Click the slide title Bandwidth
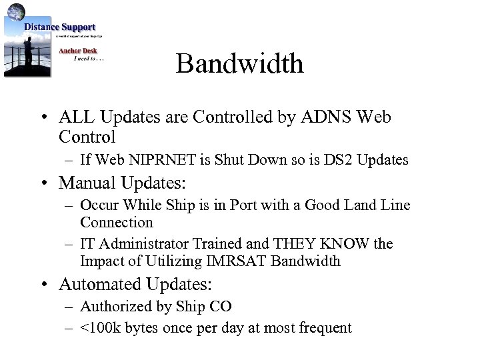point(239,64)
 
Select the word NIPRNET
point(155,160)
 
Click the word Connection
point(116,223)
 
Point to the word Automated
point(96,284)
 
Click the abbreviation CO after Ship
point(221,307)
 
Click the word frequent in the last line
point(324,328)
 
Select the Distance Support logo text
point(60,27)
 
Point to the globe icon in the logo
point(16,11)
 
